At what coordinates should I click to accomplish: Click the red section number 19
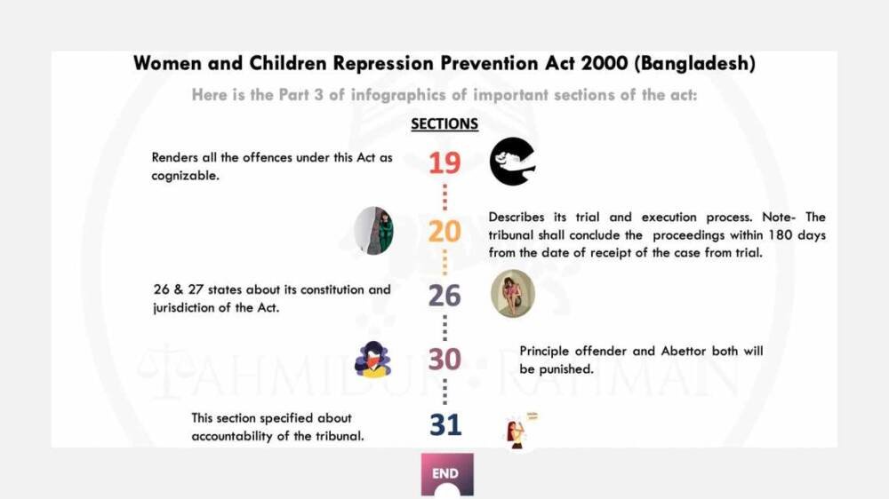tap(444, 163)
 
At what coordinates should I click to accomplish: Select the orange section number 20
tap(444, 231)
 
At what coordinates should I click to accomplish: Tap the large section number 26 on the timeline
tap(444, 296)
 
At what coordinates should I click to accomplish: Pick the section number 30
tap(444, 359)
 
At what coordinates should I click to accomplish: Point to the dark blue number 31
tap(445, 424)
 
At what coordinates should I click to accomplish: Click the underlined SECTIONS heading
tap(444, 124)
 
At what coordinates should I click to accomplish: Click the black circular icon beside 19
tap(513, 162)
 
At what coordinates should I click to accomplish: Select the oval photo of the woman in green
tap(373, 231)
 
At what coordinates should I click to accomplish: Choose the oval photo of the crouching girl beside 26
tap(513, 293)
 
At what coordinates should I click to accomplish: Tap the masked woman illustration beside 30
tap(372, 359)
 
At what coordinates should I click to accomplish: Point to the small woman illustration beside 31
tap(520, 431)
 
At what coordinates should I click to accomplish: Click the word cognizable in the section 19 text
tap(185, 176)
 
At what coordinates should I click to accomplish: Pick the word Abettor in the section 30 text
tap(684, 352)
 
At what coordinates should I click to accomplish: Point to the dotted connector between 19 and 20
tap(444, 197)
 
